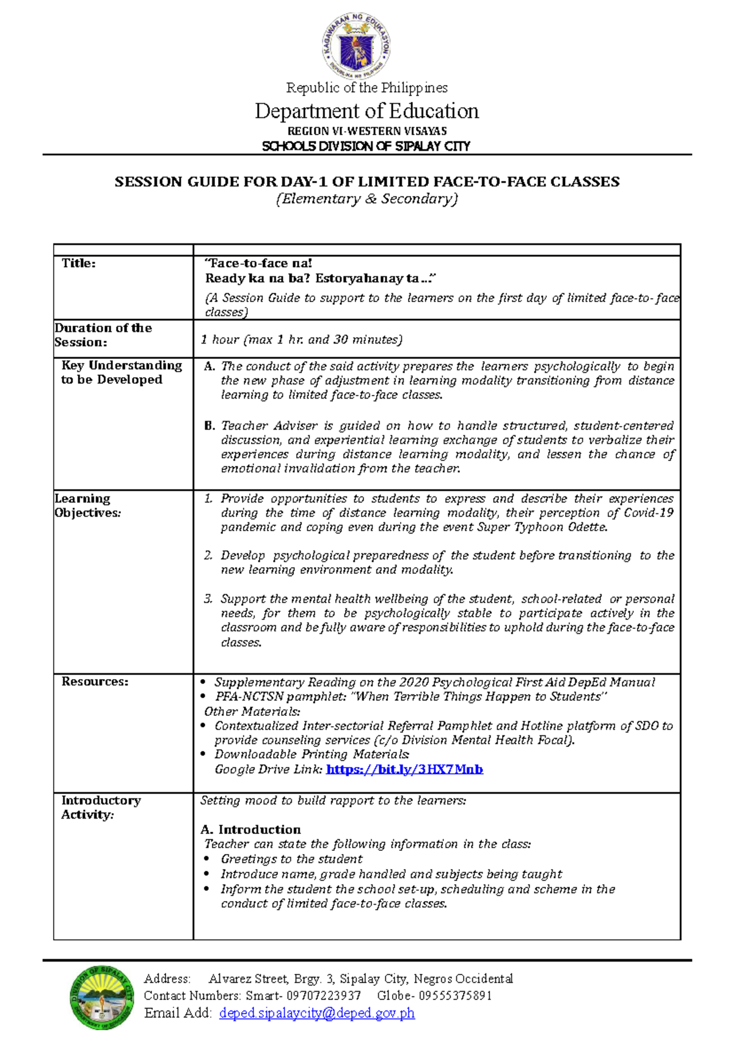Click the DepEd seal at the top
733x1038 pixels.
tap(356, 46)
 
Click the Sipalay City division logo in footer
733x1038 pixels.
tap(102, 998)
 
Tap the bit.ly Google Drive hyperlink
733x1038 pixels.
tap(404, 769)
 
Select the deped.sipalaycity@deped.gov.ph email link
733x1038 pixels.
tap(316, 1013)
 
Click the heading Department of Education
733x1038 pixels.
tap(366, 111)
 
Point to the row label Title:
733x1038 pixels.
tap(79, 263)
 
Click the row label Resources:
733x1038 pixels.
tap(95, 682)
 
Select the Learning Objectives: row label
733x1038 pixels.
tap(87, 506)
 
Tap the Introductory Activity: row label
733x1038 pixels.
tap(101, 807)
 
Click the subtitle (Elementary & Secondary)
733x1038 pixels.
tap(366, 199)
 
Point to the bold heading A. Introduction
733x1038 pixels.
tap(250, 830)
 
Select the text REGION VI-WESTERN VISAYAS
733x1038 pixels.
tap(366, 131)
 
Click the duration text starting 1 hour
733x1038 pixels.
tap(301, 339)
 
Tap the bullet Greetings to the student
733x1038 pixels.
tap(291, 859)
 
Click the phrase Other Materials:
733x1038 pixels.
tap(252, 712)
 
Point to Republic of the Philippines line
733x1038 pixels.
tap(366, 88)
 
